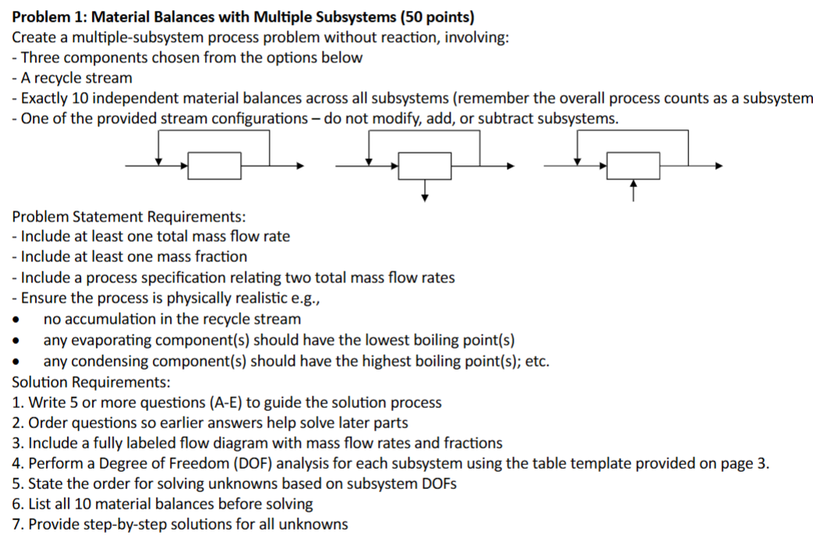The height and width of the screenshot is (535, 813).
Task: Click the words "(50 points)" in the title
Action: tap(433, 16)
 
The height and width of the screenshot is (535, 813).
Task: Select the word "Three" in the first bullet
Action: tap(41, 57)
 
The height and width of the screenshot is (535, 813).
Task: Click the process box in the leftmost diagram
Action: tap(214, 166)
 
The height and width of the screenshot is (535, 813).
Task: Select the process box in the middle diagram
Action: tap(425, 166)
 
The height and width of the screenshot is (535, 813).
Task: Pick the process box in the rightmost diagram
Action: tap(634, 166)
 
